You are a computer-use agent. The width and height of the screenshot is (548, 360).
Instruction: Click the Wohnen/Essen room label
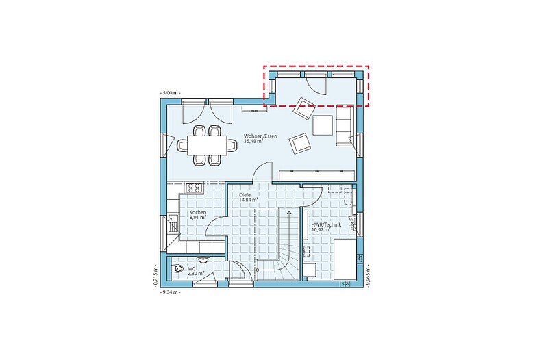click(260, 139)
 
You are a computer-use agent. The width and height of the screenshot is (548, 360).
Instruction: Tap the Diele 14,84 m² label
click(249, 197)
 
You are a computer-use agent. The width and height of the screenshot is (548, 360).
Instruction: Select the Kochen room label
click(198, 215)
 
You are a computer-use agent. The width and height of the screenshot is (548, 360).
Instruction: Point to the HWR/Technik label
click(326, 227)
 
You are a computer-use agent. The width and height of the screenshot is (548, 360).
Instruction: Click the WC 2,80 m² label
click(196, 271)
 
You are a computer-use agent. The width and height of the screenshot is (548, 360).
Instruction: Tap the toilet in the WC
click(177, 269)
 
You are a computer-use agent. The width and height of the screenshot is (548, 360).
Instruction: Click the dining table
click(207, 145)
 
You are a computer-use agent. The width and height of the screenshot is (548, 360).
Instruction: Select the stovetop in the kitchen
click(195, 188)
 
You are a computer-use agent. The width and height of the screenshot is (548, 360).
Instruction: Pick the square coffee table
click(323, 125)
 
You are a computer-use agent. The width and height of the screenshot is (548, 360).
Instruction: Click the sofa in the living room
click(344, 125)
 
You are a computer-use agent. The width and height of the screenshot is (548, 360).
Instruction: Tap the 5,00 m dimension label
click(170, 93)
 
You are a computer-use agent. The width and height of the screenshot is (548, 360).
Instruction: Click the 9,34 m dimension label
click(170, 292)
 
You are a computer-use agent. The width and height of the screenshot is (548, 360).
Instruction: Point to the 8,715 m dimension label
click(156, 276)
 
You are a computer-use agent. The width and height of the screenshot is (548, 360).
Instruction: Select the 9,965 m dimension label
click(368, 276)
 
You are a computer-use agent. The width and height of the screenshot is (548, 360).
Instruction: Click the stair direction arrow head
click(289, 212)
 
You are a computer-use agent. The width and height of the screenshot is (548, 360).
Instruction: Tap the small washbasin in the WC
click(203, 259)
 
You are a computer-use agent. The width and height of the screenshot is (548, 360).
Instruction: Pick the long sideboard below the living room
click(317, 176)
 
